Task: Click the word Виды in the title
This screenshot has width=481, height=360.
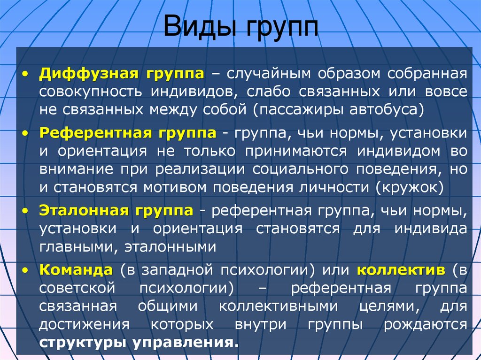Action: [200, 26]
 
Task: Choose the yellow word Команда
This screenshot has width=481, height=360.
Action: [76, 270]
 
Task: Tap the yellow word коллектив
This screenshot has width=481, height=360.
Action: [401, 270]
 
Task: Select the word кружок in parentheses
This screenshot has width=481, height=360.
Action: [409, 187]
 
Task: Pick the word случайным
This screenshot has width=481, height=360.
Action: [268, 74]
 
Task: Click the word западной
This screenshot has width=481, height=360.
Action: [177, 270]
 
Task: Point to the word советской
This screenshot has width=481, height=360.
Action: [77, 288]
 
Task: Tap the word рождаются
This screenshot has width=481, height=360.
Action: [425, 324]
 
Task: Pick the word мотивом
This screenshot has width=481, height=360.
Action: [175, 187]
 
